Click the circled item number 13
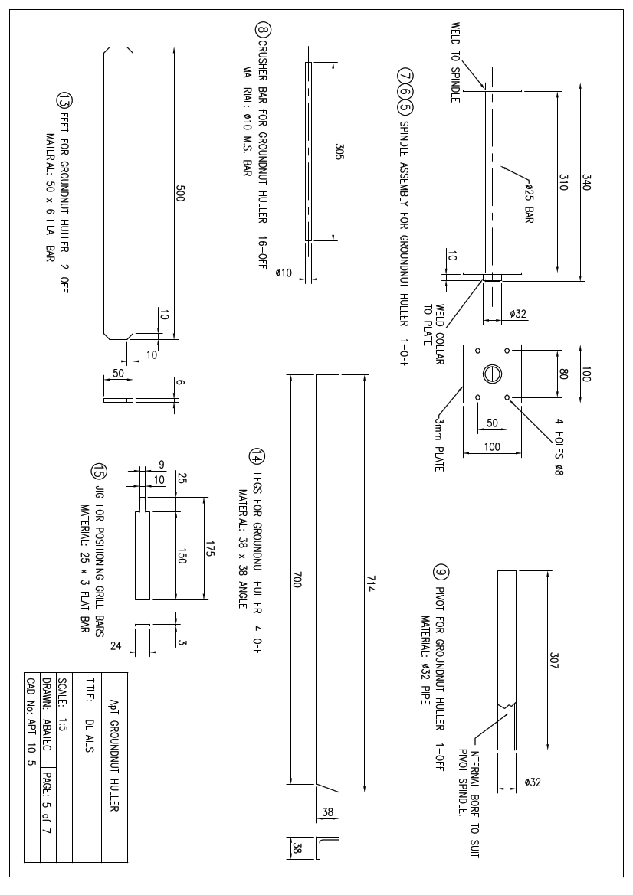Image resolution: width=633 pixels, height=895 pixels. tap(64, 100)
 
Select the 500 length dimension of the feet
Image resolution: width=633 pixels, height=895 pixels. tap(181, 193)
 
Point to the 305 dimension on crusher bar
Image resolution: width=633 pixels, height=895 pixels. tap(339, 152)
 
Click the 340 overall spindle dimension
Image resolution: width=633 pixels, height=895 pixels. tap(586, 182)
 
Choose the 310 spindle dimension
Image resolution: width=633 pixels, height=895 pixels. tap(563, 182)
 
